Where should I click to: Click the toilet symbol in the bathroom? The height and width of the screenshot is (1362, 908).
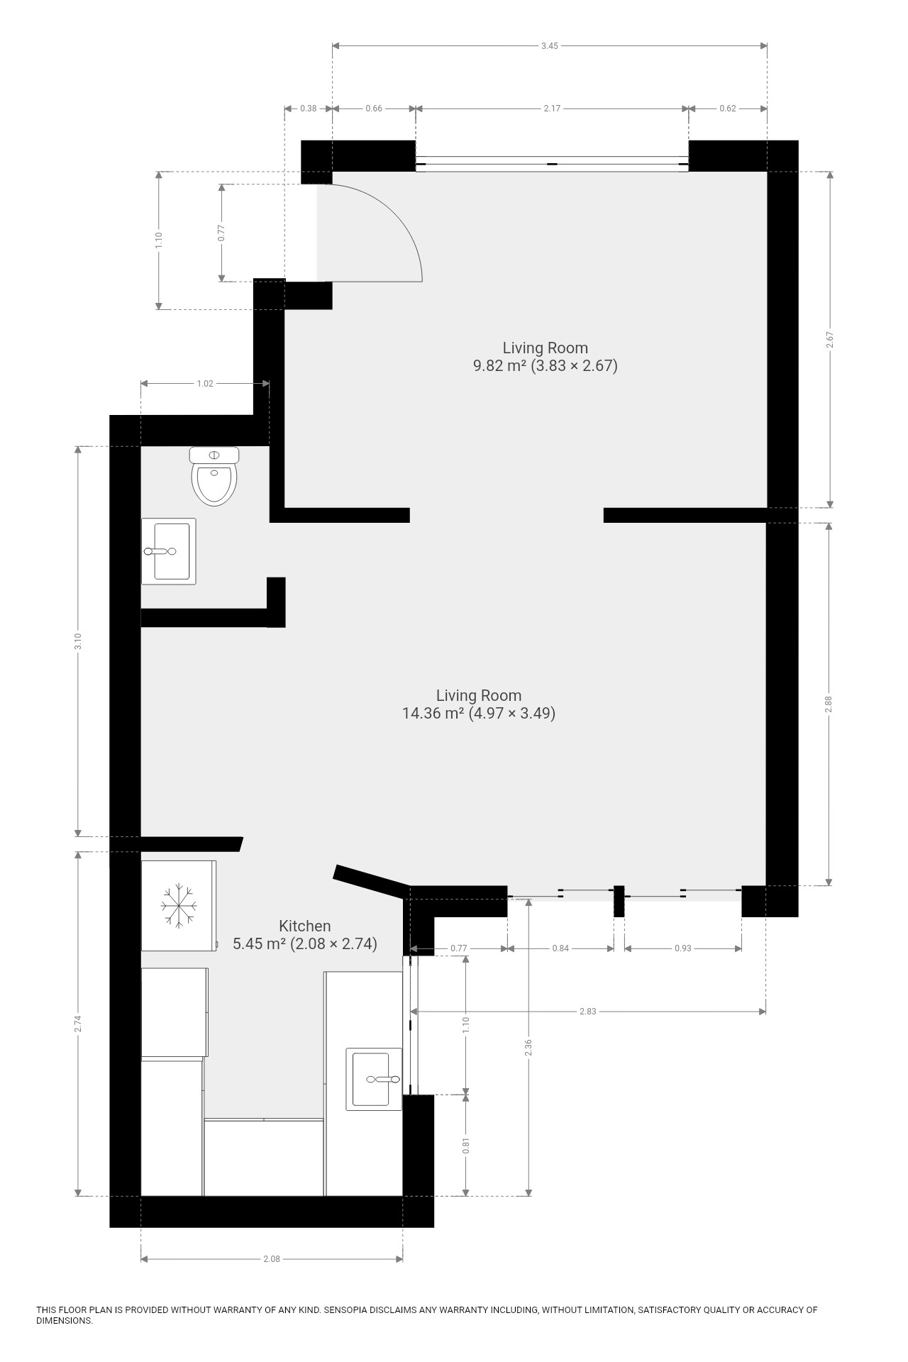(214, 476)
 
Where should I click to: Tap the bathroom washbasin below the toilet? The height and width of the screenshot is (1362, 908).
(169, 551)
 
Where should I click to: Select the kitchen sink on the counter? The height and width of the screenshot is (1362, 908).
(374, 1079)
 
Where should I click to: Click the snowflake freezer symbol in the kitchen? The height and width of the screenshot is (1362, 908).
(179, 905)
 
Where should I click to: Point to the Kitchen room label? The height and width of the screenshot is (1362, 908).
(305, 926)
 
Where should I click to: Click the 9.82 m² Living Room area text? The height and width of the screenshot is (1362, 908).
(546, 366)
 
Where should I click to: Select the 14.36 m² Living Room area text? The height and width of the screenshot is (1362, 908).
(479, 713)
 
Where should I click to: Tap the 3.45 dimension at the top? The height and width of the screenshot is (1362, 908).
(550, 46)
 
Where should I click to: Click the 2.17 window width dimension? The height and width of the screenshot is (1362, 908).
(552, 109)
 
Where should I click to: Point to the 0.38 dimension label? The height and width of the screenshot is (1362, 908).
(309, 109)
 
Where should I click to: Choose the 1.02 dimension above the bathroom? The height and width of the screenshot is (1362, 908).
(205, 384)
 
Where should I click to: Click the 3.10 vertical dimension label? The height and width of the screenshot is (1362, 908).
(79, 641)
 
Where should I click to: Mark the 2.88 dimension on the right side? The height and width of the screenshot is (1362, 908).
(829, 704)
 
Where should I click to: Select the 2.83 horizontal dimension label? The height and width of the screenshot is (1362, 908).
(588, 1012)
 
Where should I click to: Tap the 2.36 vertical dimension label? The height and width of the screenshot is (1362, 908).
(528, 1048)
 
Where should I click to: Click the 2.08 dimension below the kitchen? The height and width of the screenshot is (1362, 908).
(272, 1259)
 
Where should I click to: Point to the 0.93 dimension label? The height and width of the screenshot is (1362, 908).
(683, 948)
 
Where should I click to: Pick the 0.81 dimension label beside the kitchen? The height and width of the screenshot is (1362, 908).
(466, 1146)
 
